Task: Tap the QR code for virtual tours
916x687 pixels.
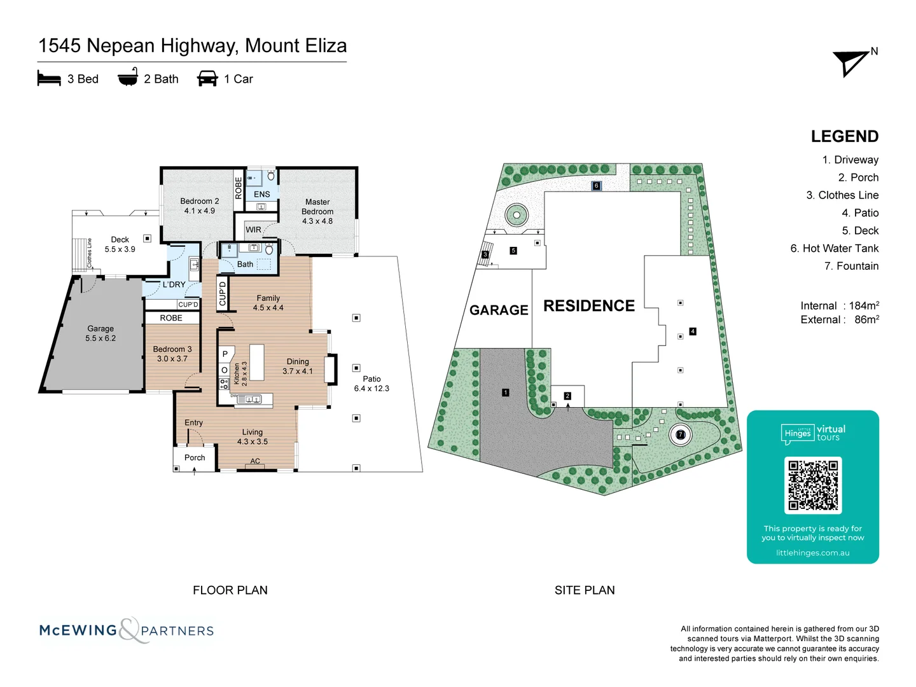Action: [813, 485]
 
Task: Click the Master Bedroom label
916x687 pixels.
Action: [317, 211]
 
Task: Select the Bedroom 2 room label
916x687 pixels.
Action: [200, 205]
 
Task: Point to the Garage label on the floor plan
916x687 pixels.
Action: [101, 333]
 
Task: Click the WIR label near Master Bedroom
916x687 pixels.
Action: [253, 230]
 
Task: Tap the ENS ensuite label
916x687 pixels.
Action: [262, 194]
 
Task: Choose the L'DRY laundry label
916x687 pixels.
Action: [174, 284]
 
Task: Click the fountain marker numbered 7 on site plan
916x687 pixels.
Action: [681, 435]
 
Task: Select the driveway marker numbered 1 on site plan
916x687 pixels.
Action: [506, 392]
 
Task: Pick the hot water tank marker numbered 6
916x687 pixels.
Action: [596, 186]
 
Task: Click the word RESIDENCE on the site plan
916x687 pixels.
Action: [589, 306]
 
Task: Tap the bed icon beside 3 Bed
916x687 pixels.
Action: [49, 79]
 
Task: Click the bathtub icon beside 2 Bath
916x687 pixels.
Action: [128, 78]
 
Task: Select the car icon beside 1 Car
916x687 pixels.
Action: [207, 79]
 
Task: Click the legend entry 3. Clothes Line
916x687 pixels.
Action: [842, 195]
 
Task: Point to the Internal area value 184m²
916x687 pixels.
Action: [864, 306]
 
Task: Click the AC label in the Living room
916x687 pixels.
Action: [255, 461]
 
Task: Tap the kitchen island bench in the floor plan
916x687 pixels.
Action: [256, 362]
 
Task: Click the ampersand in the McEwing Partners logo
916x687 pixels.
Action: [129, 630]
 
